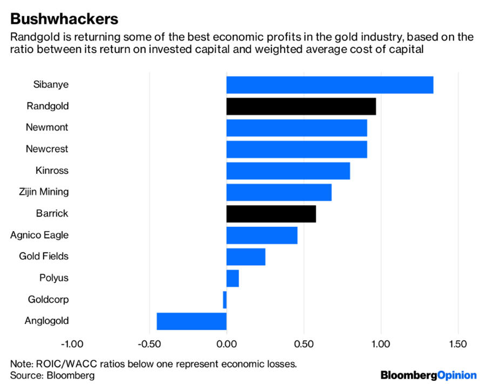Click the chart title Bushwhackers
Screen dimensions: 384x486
64,18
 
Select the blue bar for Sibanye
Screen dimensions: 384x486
329,85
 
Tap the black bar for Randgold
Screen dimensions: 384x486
301,106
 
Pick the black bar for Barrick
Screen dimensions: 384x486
271,214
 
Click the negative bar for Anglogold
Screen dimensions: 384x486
192,321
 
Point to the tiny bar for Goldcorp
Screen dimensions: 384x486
225,299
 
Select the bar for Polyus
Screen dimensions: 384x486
233,278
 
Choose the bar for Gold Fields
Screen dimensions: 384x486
246,257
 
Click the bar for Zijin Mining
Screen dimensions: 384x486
279,192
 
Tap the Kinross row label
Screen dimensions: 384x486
52,171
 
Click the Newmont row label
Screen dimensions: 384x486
47,127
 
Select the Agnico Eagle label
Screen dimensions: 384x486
39,235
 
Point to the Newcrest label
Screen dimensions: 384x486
47,149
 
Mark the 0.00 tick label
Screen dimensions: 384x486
226,344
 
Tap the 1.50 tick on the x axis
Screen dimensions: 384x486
458,344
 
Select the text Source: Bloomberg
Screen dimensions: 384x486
52,375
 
